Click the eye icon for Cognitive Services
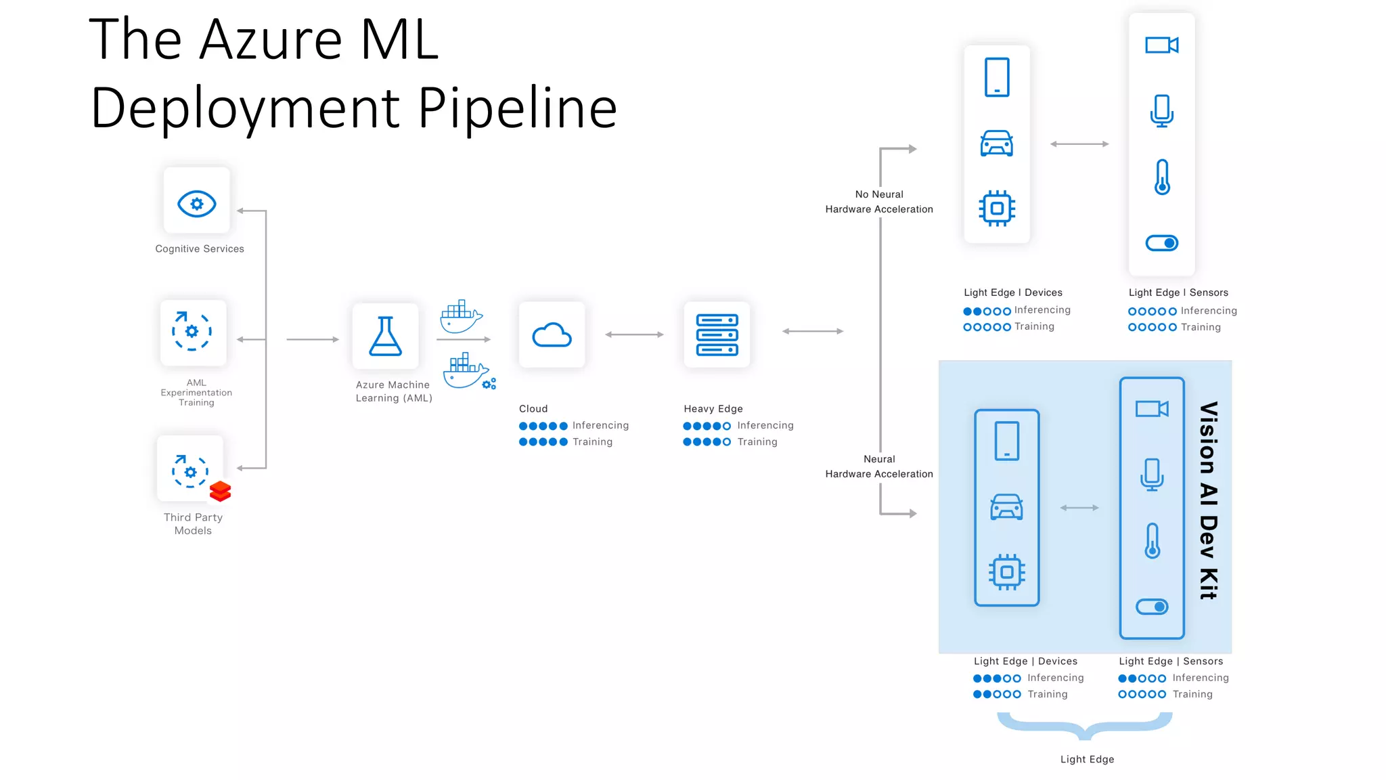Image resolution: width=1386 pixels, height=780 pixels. pyautogui.click(x=196, y=203)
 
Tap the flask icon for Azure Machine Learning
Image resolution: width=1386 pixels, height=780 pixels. pyautogui.click(x=385, y=337)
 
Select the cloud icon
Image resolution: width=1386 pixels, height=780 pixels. pyautogui.click(x=552, y=334)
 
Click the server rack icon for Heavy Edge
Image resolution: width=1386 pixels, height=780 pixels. pyautogui.click(x=717, y=334)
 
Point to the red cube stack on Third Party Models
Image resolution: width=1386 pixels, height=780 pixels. pyautogui.click(x=220, y=492)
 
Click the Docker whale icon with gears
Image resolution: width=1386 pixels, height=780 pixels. pyautogui.click(x=468, y=372)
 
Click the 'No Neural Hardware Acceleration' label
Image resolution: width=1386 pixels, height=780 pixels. pyautogui.click(x=878, y=202)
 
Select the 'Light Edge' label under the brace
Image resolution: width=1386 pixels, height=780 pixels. pyautogui.click(x=1087, y=759)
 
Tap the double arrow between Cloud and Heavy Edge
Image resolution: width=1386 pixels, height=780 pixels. pyautogui.click(x=634, y=334)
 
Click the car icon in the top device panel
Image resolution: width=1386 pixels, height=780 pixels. pyautogui.click(x=996, y=144)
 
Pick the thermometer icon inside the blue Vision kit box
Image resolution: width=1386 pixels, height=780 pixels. pyautogui.click(x=1152, y=540)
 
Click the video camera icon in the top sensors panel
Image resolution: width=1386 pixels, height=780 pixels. pyautogui.click(x=1161, y=45)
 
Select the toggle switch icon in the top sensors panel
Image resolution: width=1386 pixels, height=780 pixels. pyautogui.click(x=1161, y=243)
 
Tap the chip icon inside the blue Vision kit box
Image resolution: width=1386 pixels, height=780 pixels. pyautogui.click(x=1006, y=572)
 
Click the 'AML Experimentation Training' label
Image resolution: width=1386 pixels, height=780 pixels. pyautogui.click(x=196, y=393)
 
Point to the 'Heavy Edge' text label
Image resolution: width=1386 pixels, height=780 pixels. pyautogui.click(x=713, y=408)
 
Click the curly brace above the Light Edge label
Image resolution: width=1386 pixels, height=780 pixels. pyautogui.click(x=1084, y=726)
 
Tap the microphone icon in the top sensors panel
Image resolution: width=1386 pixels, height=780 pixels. pyautogui.click(x=1161, y=110)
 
